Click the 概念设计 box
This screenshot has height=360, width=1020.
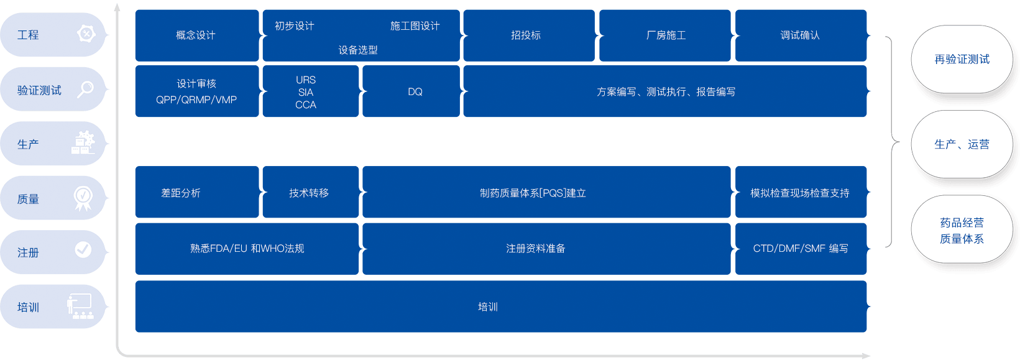click(x=196, y=35)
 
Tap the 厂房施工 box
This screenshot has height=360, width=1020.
click(x=665, y=35)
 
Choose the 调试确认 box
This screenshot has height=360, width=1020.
click(x=801, y=35)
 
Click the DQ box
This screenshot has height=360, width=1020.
click(x=411, y=91)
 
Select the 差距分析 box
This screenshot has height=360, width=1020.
click(x=196, y=193)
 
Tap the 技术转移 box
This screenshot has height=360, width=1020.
click(x=310, y=193)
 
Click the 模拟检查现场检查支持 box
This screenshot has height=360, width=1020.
click(x=801, y=193)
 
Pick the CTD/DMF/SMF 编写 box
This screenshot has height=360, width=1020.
click(x=801, y=249)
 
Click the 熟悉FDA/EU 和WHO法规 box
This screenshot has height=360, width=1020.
click(x=247, y=249)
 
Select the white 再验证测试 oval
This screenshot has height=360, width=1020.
click(x=962, y=60)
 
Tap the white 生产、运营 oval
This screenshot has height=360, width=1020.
click(x=962, y=144)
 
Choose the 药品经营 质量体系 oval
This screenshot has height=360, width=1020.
click(x=962, y=231)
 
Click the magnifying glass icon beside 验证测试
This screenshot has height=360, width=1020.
click(x=85, y=89)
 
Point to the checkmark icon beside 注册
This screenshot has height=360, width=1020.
click(x=83, y=250)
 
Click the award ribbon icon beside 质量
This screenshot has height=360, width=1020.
click(x=83, y=198)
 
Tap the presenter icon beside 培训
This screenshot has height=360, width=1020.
click(x=80, y=306)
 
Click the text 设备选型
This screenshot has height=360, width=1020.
click(x=358, y=50)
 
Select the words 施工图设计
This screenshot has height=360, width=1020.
click(x=415, y=26)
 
